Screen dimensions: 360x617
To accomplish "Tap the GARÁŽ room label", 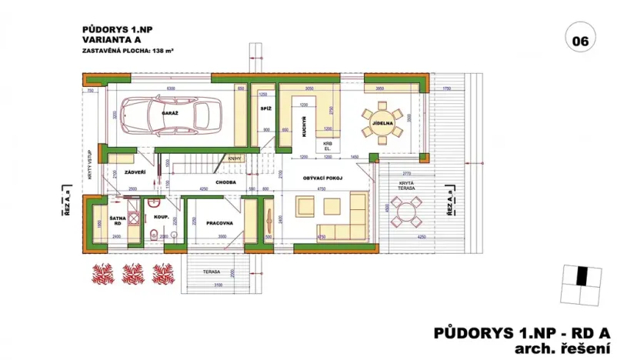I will point(170,112).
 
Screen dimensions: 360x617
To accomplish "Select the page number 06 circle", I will point(579,38).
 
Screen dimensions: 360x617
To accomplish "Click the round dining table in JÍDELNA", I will point(382,122).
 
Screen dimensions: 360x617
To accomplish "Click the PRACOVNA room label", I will point(220,223).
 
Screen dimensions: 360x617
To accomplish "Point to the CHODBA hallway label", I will point(225,183).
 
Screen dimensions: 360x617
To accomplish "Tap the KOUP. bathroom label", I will point(162,218).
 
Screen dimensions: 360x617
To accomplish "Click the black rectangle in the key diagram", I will point(583,274).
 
